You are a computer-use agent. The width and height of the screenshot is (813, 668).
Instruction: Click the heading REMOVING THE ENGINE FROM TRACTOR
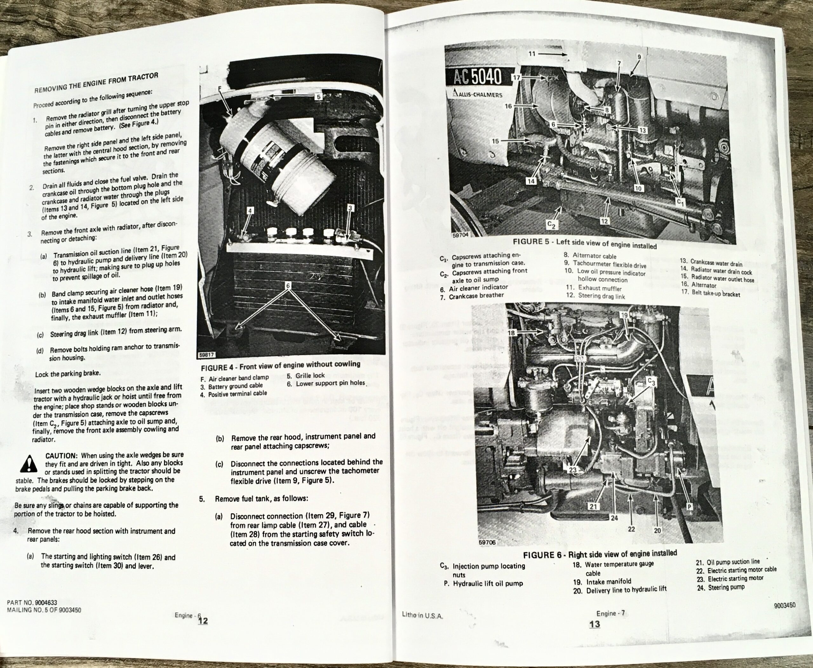[x=96, y=82]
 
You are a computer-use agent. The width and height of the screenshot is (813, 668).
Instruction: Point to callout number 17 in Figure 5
[x=516, y=77]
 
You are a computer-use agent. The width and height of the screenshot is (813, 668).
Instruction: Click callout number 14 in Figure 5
[x=531, y=181]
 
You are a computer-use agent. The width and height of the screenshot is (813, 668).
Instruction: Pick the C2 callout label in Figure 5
[x=551, y=224]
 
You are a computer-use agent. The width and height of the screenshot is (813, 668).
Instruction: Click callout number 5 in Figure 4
[x=318, y=97]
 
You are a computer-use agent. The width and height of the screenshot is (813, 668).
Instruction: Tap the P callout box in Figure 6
[x=689, y=507]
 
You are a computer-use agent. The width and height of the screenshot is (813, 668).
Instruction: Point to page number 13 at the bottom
[x=595, y=624]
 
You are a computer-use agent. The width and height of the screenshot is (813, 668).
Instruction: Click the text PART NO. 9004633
[x=32, y=603]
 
